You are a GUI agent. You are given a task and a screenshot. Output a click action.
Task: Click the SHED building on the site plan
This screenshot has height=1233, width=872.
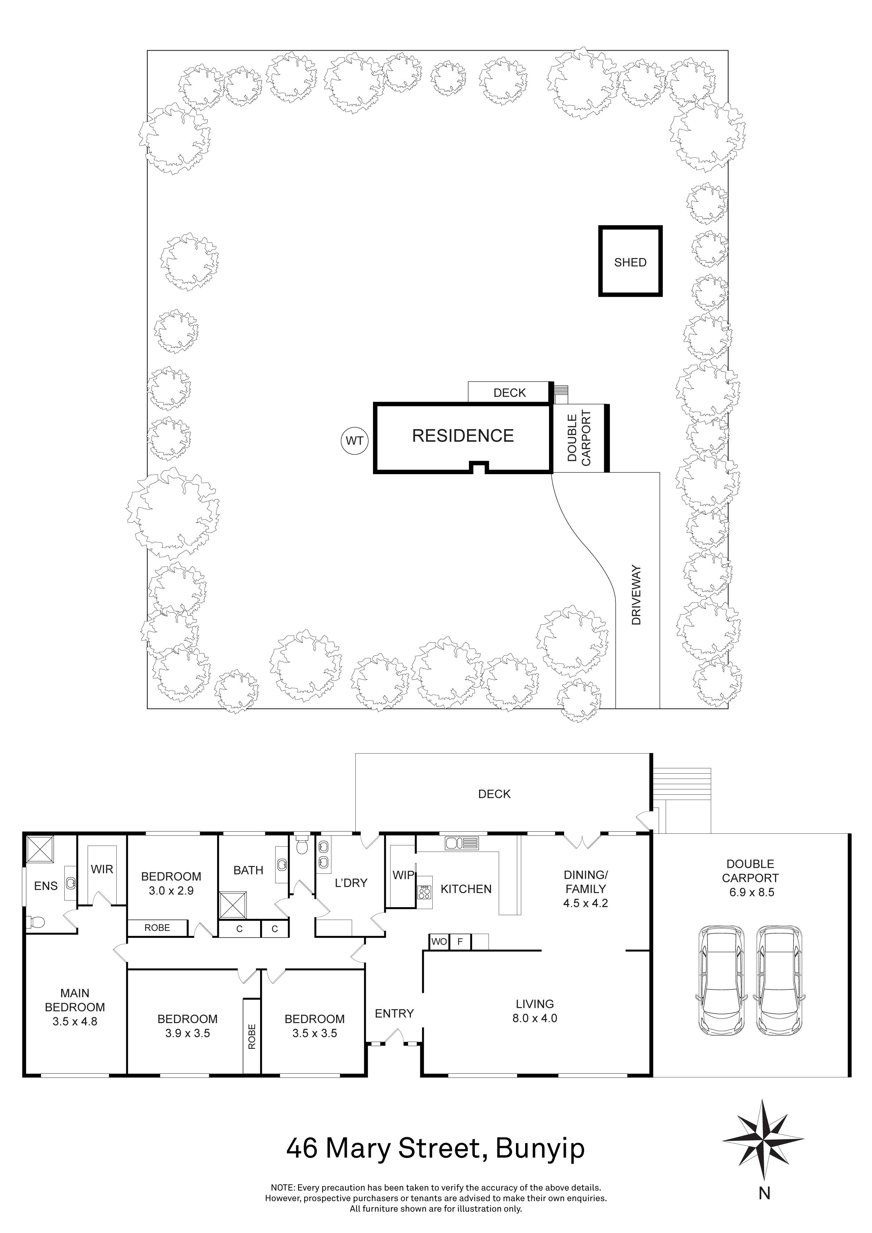[631, 262]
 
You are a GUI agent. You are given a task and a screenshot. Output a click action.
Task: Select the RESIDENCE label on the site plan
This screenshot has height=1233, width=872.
[463, 435]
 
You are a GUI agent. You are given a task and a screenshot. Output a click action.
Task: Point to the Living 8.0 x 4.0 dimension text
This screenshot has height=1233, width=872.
[535, 1018]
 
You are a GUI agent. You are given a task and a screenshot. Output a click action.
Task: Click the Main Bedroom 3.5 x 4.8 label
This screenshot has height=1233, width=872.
[75, 1007]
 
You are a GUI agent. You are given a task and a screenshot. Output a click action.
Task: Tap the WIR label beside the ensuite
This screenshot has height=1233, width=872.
[102, 869]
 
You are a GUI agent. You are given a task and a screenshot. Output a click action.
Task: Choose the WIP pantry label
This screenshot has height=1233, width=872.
[403, 875]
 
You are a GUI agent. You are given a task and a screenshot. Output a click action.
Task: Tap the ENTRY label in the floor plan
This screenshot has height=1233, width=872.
[394, 1013]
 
